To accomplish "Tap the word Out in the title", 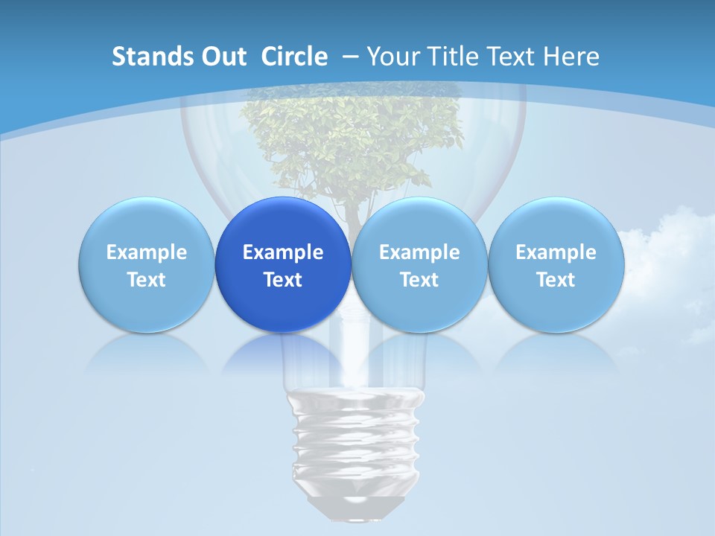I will [x=222, y=57].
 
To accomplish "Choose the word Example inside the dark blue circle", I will [x=283, y=252].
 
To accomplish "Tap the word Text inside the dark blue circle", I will [x=283, y=280].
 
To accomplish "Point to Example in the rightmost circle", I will [x=556, y=252].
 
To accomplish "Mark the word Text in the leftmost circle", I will [x=146, y=280].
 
